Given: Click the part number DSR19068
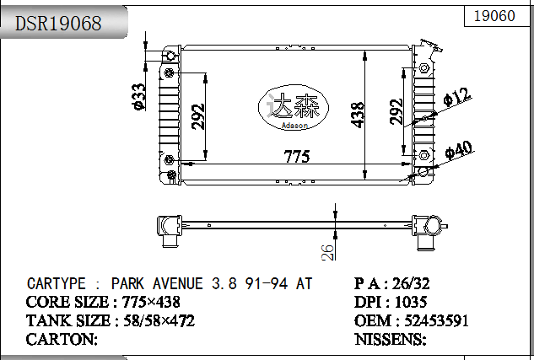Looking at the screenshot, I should point(58,24).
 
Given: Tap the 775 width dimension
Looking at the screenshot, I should point(296,157).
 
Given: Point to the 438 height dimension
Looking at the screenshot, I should point(358,114).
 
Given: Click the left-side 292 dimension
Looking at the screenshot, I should point(198,116).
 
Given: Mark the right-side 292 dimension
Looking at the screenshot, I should point(396,112).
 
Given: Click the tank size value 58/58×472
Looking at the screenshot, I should point(159,320).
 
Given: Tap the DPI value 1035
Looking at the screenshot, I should point(411,302).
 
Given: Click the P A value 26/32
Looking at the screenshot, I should point(418,284).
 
